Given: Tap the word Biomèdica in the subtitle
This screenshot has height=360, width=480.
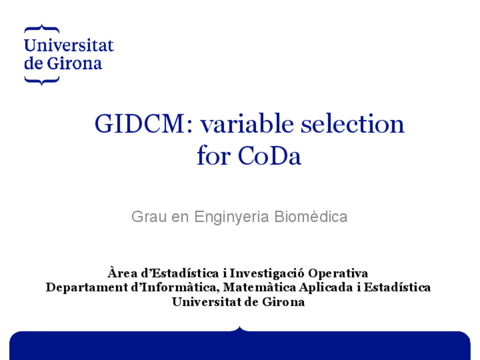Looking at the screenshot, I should click(311, 217).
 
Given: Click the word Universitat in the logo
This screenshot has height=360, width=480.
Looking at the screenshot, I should click(68, 46).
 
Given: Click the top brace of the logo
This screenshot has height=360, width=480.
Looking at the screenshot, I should click(41, 28).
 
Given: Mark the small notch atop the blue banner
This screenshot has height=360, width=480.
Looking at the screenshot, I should click(239, 328).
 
